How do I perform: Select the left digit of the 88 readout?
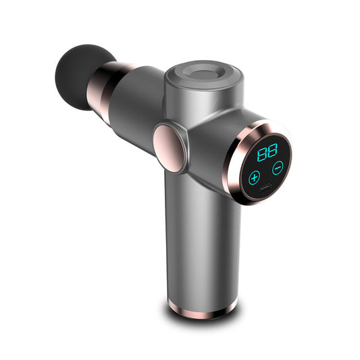coord(263,151)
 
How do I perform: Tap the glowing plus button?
coord(254,178)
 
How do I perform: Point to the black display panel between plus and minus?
coord(266,173)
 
